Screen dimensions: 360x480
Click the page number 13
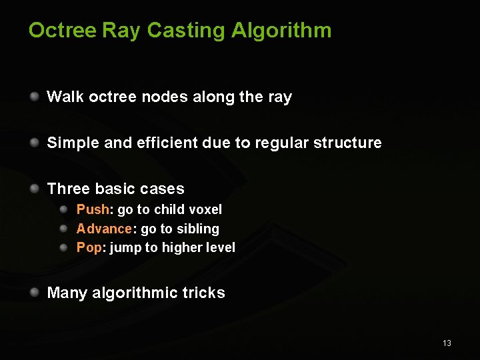click(447, 343)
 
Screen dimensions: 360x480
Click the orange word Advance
click(104, 229)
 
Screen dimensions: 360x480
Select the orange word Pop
click(89, 247)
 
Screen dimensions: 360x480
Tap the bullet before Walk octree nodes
click(34, 97)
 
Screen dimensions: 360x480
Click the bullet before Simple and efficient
click(34, 142)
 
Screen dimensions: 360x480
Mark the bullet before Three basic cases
click(34, 188)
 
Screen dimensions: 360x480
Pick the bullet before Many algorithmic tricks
click(34, 292)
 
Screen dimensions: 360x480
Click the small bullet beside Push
click(63, 209)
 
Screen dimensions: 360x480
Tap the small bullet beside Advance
click(63, 229)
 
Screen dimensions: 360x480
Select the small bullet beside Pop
click(63, 247)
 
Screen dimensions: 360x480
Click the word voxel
click(206, 209)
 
